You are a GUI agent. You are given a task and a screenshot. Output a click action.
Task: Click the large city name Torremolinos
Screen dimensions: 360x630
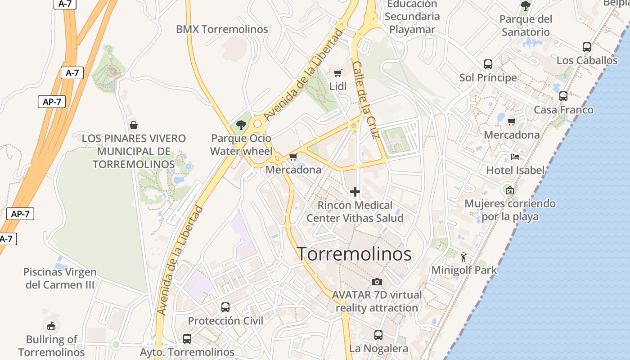354,254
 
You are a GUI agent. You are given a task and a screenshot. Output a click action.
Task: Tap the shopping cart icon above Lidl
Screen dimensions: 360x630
338,73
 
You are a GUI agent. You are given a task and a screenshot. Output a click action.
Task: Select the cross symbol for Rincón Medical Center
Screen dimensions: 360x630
355,192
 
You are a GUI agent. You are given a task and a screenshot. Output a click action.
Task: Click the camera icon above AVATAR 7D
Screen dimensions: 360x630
377,282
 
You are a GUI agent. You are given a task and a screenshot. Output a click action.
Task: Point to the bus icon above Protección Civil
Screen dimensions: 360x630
225,307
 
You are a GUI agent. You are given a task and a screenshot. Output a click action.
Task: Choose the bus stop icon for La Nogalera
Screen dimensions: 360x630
378,335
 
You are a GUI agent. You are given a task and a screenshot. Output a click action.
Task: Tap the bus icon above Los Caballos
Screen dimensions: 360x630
587,47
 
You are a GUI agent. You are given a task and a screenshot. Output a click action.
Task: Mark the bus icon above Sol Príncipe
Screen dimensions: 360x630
488,64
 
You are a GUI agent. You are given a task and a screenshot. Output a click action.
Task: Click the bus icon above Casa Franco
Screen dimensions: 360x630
563,96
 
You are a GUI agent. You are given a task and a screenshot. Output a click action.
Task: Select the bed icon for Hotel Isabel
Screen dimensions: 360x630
515,157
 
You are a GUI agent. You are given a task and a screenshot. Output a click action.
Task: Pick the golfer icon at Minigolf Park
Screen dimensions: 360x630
464,257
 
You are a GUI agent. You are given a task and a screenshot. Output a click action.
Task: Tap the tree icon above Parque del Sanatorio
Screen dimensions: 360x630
525,6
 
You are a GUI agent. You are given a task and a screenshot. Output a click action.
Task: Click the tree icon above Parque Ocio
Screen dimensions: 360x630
241,125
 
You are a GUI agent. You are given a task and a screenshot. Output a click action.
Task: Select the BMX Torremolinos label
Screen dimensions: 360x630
222,29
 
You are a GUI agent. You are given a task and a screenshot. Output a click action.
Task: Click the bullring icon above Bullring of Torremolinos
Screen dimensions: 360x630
51,325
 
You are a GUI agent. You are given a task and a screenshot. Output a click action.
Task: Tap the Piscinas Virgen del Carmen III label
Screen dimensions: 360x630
60,278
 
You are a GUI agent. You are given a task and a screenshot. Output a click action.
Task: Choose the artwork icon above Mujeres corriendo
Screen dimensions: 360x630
509,190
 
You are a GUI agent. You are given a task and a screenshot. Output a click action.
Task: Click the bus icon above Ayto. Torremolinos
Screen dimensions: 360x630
187,339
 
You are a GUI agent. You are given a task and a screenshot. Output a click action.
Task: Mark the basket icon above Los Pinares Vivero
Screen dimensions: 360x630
134,125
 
